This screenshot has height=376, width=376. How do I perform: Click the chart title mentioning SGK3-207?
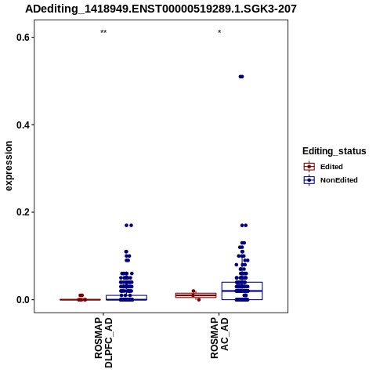pyautogui.click(x=161, y=9)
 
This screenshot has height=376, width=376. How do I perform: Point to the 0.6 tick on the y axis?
pyautogui.click(x=22, y=38)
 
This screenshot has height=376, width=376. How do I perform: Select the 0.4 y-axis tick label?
pyautogui.click(x=22, y=125)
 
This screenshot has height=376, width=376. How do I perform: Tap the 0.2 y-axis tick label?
pyautogui.click(x=22, y=212)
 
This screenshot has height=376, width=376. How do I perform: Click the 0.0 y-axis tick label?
pyautogui.click(x=22, y=300)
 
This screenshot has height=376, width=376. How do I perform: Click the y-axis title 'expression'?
pyautogui.click(x=9, y=166)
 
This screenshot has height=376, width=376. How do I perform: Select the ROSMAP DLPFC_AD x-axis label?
pyautogui.click(x=103, y=342)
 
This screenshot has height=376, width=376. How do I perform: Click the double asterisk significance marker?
pyautogui.click(x=103, y=32)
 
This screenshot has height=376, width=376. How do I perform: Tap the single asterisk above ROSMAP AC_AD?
pyautogui.click(x=219, y=32)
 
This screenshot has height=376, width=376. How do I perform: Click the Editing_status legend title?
pyautogui.click(x=334, y=151)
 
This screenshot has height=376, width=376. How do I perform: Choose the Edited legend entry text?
pyautogui.click(x=331, y=167)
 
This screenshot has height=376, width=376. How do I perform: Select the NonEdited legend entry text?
pyautogui.click(x=339, y=180)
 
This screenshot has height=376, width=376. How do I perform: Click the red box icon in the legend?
pyautogui.click(x=309, y=167)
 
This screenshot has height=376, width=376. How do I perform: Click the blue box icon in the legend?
pyautogui.click(x=309, y=180)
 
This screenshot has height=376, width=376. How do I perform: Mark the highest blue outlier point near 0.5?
pyautogui.click(x=241, y=77)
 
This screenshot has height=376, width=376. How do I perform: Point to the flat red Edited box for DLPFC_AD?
pyautogui.click(x=80, y=300)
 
